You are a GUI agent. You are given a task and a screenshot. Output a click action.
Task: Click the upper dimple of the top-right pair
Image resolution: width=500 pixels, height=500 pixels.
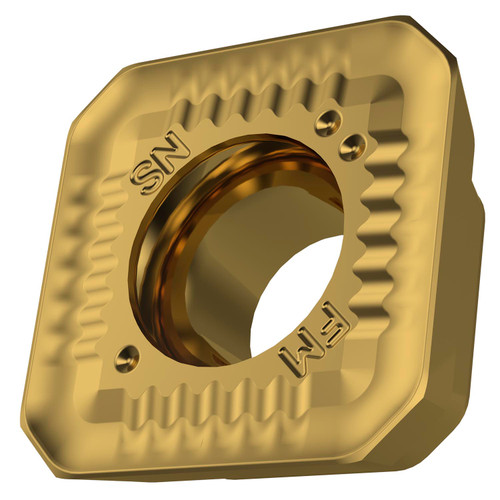pyautogui.click(x=323, y=124)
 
